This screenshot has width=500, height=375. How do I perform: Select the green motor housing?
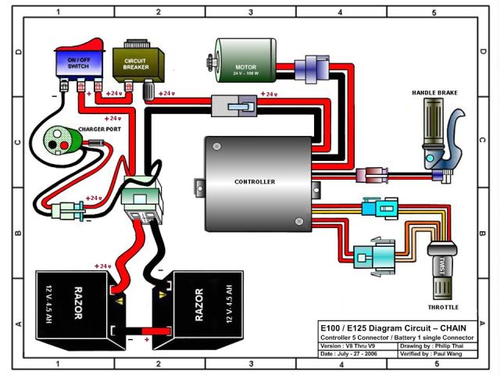246,67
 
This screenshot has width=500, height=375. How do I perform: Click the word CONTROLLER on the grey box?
255,181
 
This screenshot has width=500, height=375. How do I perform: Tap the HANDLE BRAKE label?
434,93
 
